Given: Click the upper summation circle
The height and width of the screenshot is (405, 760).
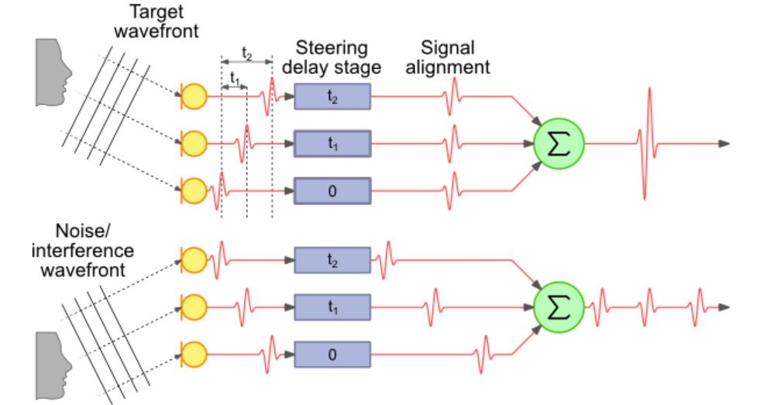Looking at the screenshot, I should click(558, 143).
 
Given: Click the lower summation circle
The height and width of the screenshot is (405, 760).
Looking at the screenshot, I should click(558, 307).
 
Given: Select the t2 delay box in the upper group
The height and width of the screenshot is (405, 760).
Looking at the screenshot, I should click(332, 97).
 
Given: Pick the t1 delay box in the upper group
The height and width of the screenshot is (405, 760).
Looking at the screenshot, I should click(332, 143).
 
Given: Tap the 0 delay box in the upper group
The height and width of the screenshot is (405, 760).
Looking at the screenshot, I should click(332, 190).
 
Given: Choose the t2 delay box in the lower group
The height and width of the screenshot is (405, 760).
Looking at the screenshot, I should click(332, 260).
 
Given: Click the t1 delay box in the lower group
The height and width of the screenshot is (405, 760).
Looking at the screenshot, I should click(332, 307).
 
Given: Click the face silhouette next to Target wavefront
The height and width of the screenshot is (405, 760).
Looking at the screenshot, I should click(51, 73).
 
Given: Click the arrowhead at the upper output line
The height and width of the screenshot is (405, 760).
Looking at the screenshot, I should click(724, 143).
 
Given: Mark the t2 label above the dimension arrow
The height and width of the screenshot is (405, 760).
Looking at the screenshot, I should click(246, 53).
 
